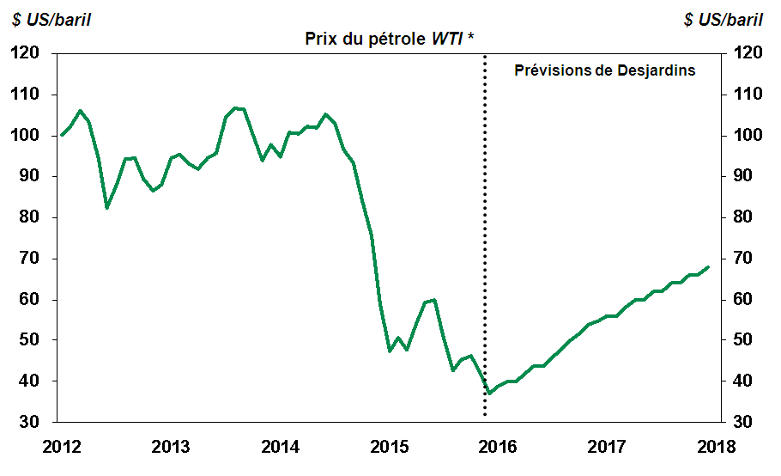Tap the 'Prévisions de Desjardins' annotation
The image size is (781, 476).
604,70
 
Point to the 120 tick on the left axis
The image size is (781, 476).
28,53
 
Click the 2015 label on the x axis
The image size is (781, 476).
390,447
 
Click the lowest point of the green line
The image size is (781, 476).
489,394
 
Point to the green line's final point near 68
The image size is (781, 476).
708,266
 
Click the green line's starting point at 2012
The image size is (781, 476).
61,135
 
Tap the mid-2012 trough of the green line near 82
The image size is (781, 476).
106,208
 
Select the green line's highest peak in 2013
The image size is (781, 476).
236,108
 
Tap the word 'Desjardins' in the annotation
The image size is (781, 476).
657,70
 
